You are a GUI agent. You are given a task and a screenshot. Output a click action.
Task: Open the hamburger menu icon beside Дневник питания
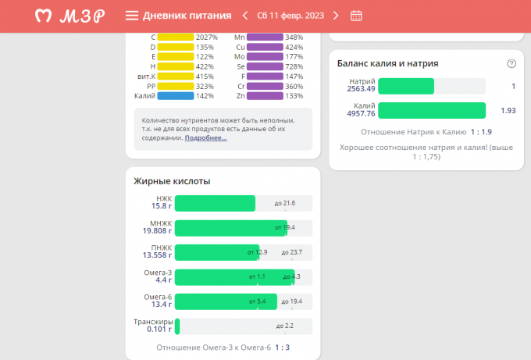tap(132, 16)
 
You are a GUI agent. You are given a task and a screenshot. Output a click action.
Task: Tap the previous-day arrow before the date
tap(245, 16)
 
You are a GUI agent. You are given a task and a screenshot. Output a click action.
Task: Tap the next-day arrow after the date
tap(336, 16)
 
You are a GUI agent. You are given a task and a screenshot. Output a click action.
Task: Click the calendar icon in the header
tap(356, 16)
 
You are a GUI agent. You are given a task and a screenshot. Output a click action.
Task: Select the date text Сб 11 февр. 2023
tap(290, 16)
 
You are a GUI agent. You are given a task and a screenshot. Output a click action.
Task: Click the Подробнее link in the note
tap(206, 138)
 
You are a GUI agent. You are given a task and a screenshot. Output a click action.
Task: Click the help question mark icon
tap(511, 64)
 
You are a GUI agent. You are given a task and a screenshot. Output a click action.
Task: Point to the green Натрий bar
tap(405, 86)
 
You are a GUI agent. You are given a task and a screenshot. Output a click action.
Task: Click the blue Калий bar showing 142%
tap(175, 96)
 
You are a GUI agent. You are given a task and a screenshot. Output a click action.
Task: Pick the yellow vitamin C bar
tap(175, 37)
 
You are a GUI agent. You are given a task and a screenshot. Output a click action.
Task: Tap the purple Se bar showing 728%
tap(265, 66)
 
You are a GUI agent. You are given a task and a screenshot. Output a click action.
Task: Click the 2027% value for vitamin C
tap(207, 37)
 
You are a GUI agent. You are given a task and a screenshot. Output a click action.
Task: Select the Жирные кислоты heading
tap(172, 181)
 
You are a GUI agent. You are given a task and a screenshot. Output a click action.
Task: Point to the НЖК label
tap(164, 199)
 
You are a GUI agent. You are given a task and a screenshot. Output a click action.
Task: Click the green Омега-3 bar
tap(234, 277)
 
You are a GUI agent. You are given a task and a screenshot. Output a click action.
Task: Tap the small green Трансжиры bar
tap(177, 326)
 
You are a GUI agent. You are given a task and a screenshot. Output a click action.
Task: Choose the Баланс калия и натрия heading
tap(387, 63)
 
